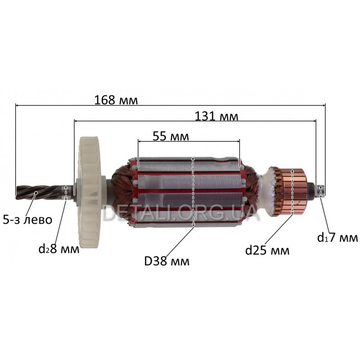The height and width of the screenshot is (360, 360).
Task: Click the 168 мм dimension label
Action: click(x=116, y=100)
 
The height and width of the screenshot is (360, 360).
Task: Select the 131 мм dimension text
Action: click(x=216, y=117)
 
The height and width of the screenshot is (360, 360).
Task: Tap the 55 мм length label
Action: click(x=171, y=136)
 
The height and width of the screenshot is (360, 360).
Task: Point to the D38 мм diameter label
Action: click(x=166, y=261)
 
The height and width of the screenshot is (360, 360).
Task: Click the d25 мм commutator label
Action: click(x=267, y=250)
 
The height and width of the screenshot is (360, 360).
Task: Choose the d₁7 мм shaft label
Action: click(x=337, y=238)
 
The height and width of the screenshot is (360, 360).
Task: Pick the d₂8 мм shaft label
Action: click(x=59, y=249)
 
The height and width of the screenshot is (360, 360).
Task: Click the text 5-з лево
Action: click(x=27, y=220)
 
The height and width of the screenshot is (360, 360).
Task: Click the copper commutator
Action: click(x=292, y=192)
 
